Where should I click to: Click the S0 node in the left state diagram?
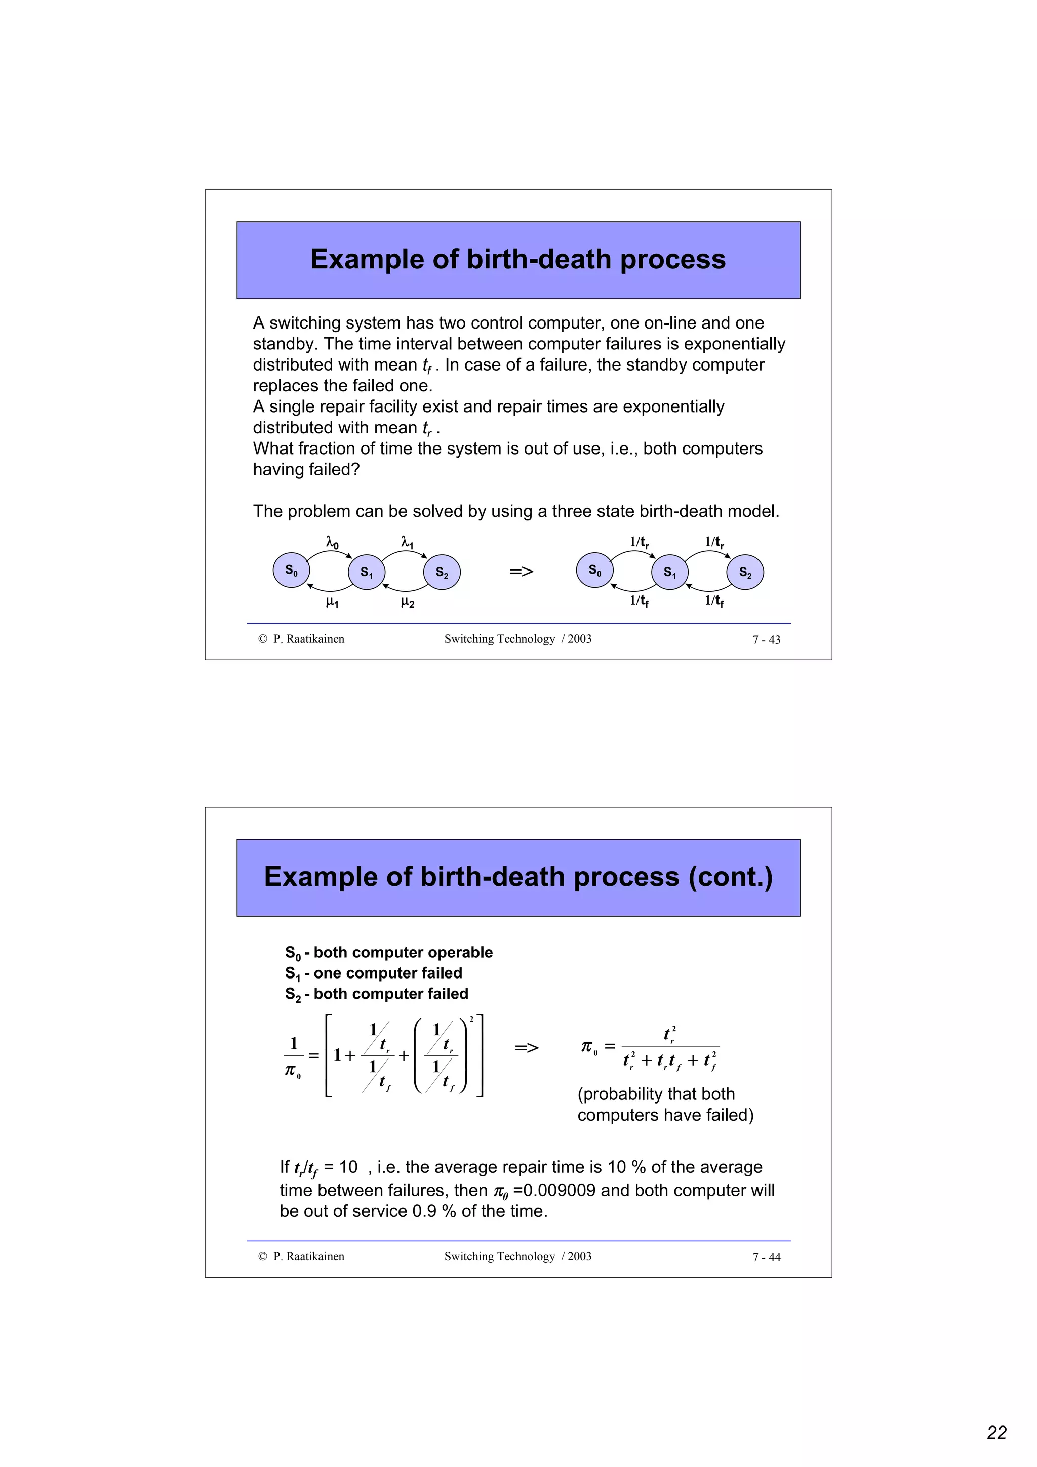(x=291, y=570)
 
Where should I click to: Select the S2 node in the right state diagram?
(x=745, y=572)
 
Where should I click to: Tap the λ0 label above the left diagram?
(x=332, y=543)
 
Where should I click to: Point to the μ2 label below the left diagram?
(x=407, y=602)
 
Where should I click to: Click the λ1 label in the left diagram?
(x=407, y=543)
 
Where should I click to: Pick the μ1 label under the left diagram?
(x=332, y=602)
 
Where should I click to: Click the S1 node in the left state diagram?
(x=367, y=572)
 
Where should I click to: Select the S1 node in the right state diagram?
(x=669, y=572)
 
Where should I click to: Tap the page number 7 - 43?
(x=766, y=639)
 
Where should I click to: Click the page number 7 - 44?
(x=766, y=1257)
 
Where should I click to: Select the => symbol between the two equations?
(x=527, y=1048)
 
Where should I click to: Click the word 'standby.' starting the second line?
(x=286, y=344)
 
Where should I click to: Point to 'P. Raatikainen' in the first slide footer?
(x=308, y=639)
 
